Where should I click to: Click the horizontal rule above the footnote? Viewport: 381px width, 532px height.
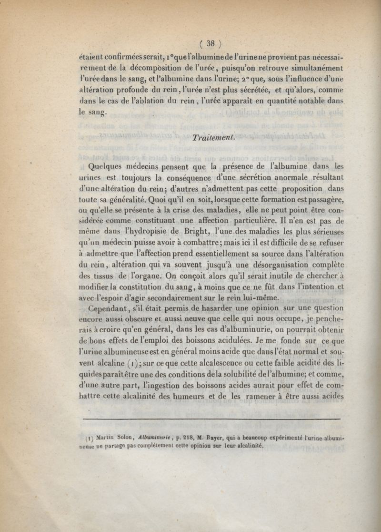click(211, 419)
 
